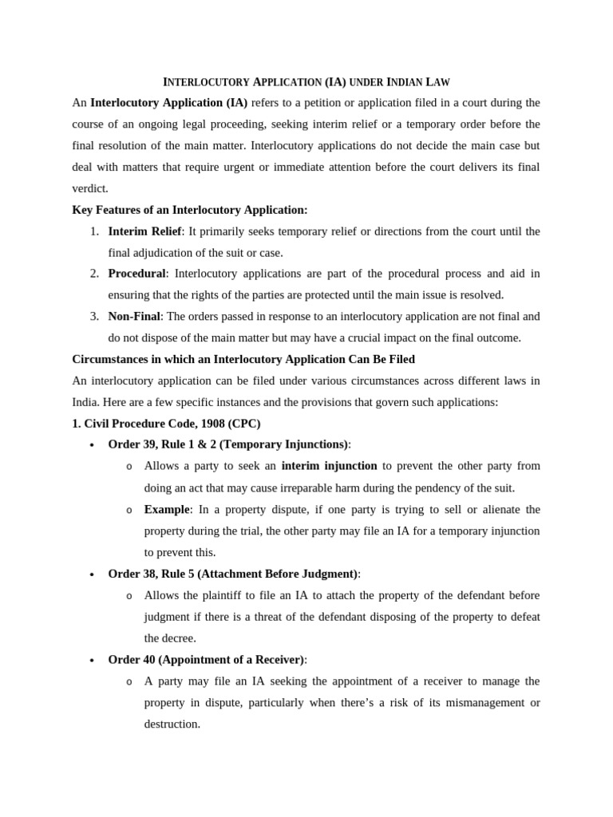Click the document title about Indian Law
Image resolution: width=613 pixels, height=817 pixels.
(306, 81)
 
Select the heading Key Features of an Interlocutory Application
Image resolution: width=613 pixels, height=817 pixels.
(190, 210)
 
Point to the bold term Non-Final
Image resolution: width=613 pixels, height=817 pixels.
(134, 316)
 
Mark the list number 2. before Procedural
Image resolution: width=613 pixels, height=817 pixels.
(94, 274)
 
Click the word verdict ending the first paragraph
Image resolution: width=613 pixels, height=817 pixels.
(89, 188)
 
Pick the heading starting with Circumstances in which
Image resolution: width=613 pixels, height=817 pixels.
(243, 359)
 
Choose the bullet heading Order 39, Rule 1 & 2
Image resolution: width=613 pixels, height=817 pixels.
(228, 444)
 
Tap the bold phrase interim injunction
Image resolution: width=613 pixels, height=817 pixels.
(329, 465)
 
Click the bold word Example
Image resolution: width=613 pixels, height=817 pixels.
(166, 509)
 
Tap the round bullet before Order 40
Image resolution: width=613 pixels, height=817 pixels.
(93, 661)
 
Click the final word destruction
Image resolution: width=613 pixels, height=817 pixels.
(172, 724)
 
